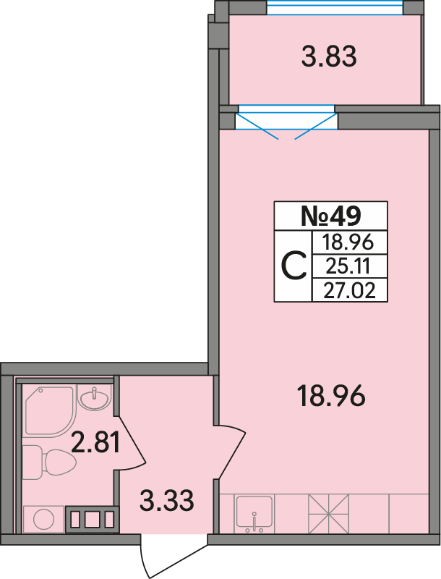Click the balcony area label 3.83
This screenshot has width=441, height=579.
coord(329,56)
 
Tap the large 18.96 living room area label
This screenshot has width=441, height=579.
coord(331,395)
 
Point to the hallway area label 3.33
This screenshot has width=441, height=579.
coord(167,500)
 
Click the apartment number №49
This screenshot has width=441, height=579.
coord(331,216)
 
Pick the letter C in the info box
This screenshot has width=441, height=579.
coord(294,266)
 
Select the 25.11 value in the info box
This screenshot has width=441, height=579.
coord(348,266)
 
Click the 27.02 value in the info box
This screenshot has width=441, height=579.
coord(349,291)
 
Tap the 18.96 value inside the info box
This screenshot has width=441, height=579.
coord(348,242)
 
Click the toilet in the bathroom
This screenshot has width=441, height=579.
coord(48,462)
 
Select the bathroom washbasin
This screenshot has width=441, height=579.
coord(95,397)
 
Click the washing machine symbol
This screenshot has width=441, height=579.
coord(44,519)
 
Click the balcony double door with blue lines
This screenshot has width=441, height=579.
coord(286,122)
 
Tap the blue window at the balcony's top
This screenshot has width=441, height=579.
coord(335,7)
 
